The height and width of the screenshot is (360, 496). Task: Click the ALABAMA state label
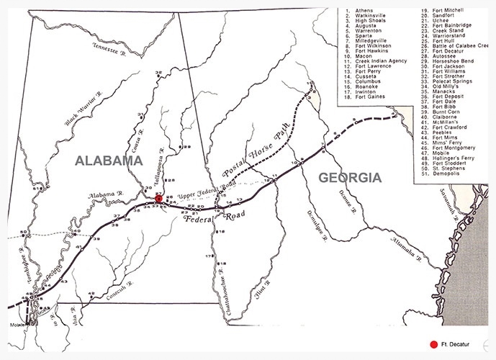(109, 161)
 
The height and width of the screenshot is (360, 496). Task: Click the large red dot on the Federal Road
(159, 198)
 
